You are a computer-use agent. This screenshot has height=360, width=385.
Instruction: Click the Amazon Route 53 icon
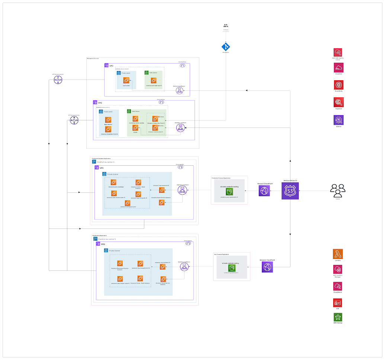290,191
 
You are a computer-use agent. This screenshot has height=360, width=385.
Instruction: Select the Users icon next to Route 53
338,190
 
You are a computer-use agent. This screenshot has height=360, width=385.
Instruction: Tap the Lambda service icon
338,254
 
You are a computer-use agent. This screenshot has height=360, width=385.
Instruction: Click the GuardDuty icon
339,85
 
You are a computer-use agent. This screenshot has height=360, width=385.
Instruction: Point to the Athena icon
339,120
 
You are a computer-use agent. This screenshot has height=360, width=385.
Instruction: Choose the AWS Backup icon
338,317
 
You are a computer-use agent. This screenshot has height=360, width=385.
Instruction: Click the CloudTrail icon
339,68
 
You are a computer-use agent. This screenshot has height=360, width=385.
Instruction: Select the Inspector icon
339,103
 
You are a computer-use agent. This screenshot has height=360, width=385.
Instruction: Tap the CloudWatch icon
338,286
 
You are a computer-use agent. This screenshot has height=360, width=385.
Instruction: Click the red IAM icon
338,303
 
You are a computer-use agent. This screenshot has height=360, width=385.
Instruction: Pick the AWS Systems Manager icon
338,269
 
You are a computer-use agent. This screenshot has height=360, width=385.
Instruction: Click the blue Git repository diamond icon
225,47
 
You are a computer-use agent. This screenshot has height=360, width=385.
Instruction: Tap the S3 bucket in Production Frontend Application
230,192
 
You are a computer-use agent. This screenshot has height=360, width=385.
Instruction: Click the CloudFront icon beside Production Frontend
264,191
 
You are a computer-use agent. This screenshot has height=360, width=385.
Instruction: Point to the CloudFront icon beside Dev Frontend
267,267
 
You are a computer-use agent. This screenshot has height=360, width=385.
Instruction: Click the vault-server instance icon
126,80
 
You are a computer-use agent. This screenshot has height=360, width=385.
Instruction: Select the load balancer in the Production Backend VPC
182,191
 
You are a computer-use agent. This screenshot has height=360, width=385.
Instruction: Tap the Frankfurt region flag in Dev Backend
94,239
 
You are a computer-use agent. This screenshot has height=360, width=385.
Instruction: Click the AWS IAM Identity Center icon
338,52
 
